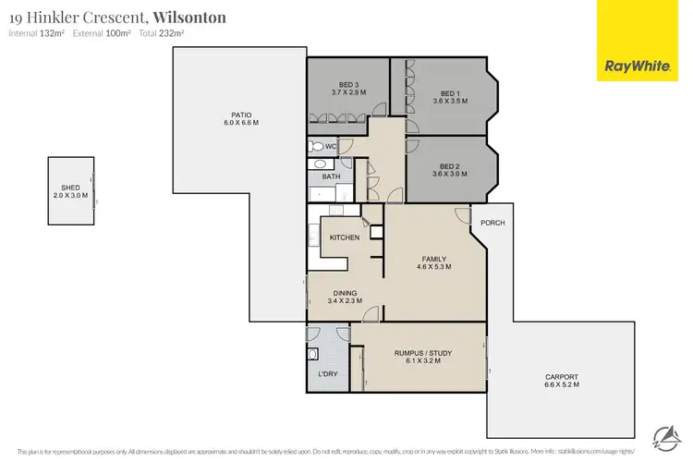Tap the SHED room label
(x=70, y=188)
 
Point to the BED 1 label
(x=449, y=93)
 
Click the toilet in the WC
(x=317, y=146)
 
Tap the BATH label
(x=331, y=176)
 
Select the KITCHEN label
(x=344, y=238)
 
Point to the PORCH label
(x=492, y=223)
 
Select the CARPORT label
(x=562, y=377)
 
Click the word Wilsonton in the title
(x=188, y=17)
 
